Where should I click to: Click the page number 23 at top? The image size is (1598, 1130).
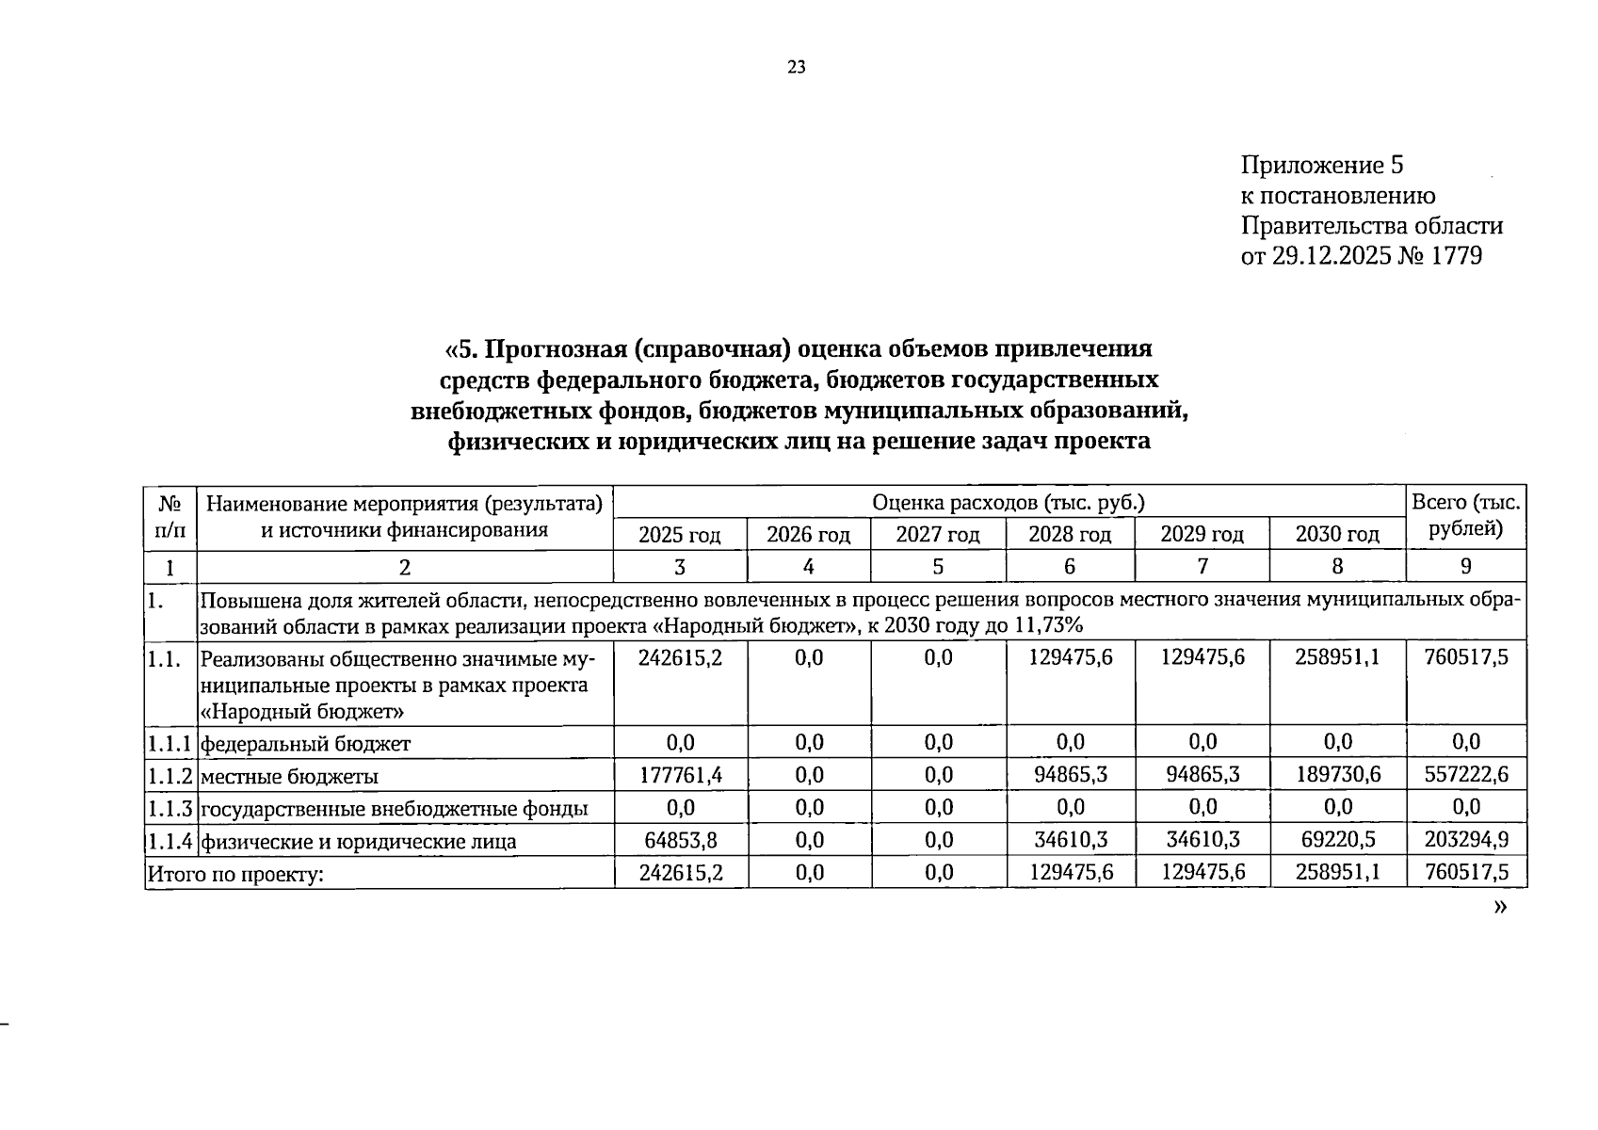tap(796, 67)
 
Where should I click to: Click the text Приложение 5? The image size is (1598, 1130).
tap(1321, 166)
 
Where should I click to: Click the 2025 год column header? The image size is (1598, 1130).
tap(679, 535)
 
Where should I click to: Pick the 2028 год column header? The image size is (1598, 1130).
tap(1069, 535)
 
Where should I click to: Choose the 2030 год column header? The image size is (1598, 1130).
tap(1336, 535)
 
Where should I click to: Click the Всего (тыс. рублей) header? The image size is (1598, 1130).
tap(1465, 516)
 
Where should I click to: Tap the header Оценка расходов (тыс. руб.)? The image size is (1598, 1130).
tap(1008, 503)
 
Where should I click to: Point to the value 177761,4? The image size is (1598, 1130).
tap(680, 775)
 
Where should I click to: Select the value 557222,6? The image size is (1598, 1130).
tap(1466, 775)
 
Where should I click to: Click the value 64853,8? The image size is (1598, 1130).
tap(680, 840)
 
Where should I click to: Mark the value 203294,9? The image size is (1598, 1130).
tap(1466, 840)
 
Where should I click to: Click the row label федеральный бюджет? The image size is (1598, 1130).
tap(306, 744)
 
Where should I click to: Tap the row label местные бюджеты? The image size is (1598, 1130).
tap(290, 777)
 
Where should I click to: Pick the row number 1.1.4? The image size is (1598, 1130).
tap(169, 840)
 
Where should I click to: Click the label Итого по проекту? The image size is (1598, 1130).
tap(234, 875)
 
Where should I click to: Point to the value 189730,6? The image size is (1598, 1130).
tap(1337, 775)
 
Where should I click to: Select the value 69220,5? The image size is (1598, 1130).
tap(1337, 840)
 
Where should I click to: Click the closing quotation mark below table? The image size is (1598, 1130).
tap(1499, 907)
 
